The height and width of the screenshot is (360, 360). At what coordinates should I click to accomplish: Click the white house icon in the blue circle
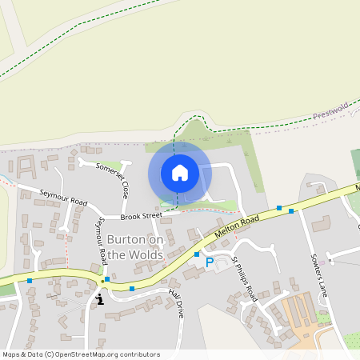click(x=180, y=173)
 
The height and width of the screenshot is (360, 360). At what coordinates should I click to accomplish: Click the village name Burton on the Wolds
click(x=135, y=246)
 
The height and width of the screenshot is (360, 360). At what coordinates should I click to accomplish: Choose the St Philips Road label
click(x=242, y=277)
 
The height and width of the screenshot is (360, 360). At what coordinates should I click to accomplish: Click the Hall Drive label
click(x=175, y=303)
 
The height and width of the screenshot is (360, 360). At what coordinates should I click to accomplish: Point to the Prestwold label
click(x=331, y=114)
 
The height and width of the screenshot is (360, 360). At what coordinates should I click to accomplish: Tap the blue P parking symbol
click(x=210, y=262)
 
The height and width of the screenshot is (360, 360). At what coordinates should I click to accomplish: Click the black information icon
click(x=100, y=299)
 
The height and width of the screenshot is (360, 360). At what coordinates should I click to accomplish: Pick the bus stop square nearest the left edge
click(x=30, y=281)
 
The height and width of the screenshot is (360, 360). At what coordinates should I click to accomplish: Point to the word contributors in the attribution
click(x=138, y=354)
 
